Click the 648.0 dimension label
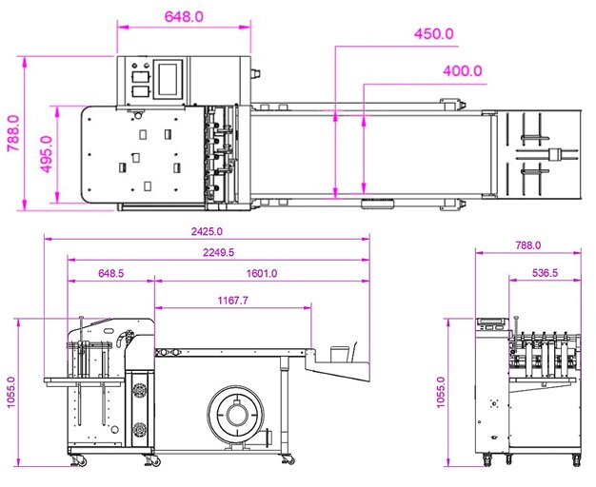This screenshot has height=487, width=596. (x=184, y=17)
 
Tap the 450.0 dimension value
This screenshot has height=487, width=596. (x=434, y=34)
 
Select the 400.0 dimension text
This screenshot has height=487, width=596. (x=463, y=71)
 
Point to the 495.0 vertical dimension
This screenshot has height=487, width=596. (x=47, y=154)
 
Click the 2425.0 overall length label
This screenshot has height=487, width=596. (x=207, y=231)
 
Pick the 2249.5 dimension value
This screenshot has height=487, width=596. (x=219, y=252)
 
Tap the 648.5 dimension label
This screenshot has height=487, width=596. (x=111, y=273)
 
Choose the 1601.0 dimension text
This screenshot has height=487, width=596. (x=262, y=273)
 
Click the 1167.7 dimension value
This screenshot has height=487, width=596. (x=233, y=301)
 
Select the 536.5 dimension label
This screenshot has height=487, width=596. (x=546, y=272)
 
